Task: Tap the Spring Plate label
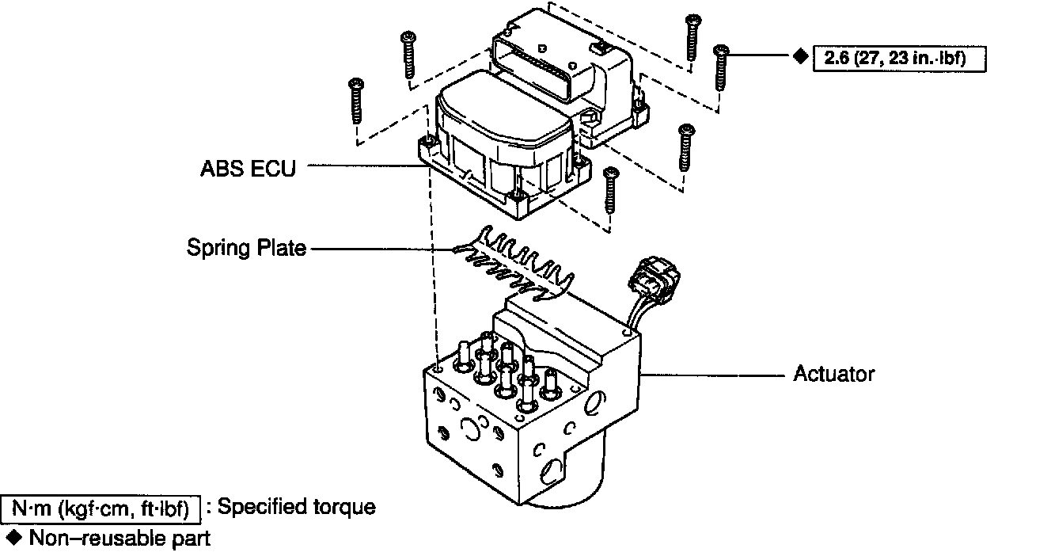(x=246, y=248)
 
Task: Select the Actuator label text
(x=834, y=373)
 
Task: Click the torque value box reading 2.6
(x=900, y=59)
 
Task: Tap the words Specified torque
(x=296, y=507)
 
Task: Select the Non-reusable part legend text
(x=120, y=539)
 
